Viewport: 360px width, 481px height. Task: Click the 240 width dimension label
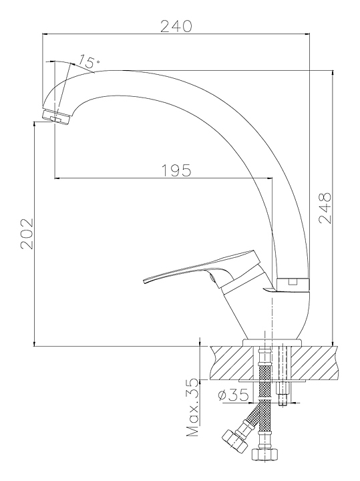tap(176, 26)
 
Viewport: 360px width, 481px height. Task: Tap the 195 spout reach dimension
tap(176, 170)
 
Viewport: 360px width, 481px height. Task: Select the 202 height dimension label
tap(26, 234)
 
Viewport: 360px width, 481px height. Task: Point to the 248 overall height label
tap(325, 208)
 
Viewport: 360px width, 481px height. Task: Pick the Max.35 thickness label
tap(193, 408)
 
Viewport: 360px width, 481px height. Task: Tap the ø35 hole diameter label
tap(233, 395)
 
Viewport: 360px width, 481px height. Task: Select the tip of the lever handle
tap(144, 281)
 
